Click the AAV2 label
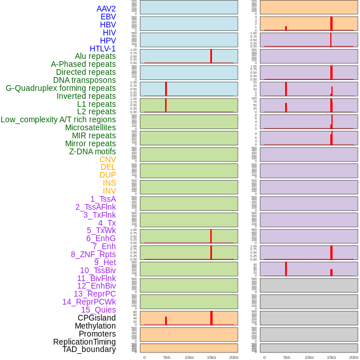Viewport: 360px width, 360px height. coord(106,9)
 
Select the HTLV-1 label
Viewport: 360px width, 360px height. coord(102,49)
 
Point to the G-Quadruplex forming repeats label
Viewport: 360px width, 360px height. coord(61,88)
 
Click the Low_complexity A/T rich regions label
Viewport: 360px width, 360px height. coord(58,119)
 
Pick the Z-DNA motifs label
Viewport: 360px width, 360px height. coord(93,151)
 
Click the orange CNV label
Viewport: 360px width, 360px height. coord(107,159)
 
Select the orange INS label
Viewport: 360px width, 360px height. coord(109,183)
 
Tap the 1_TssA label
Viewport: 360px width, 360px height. coord(103,199)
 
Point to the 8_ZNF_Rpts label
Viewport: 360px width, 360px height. coord(93,254)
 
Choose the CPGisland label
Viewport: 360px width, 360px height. coord(97,318)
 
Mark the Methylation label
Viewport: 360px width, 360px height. coord(95,326)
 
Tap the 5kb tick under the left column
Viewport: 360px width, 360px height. coord(167,357)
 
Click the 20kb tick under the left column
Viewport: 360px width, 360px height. coord(233,357)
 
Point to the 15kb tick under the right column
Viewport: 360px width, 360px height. coord(331,357)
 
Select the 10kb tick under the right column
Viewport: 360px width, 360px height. coord(309,357)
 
